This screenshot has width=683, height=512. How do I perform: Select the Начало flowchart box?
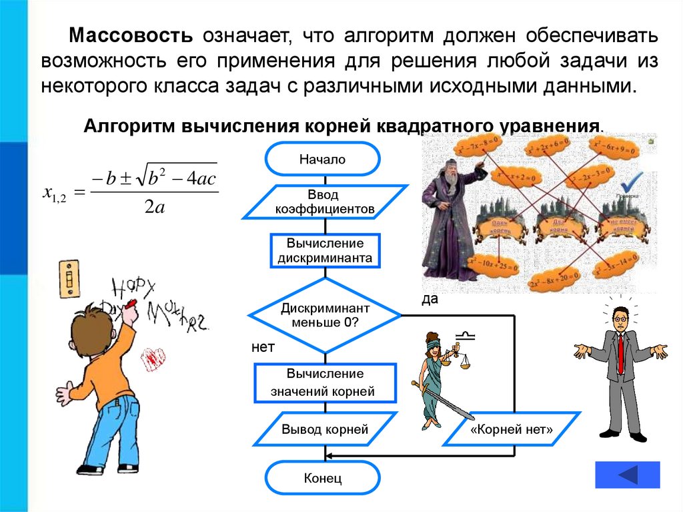coord(323,159)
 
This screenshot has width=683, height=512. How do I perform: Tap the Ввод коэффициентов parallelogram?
coord(325,202)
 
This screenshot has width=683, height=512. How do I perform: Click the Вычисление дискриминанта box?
coord(325,250)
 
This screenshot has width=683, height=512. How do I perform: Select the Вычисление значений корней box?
coord(325,382)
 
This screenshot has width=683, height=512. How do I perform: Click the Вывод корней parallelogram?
coord(325,429)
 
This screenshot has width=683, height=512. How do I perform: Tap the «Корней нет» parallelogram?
coord(512,429)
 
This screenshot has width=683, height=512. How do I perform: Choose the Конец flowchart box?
coord(323,478)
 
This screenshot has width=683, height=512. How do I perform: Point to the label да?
coord(430,299)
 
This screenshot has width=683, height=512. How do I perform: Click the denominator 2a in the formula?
coord(154,208)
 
